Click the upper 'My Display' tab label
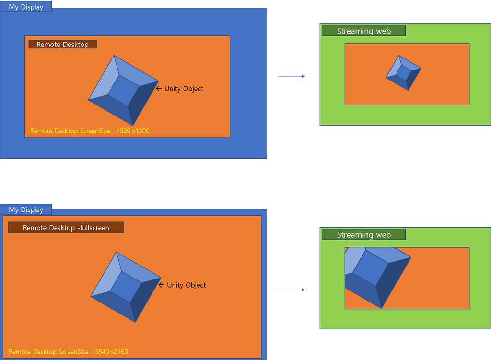[x=26, y=7]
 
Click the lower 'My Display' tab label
[x=26, y=209]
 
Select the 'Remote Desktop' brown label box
[x=63, y=44]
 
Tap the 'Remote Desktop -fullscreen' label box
[x=66, y=228]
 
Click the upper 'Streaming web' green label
[x=364, y=31]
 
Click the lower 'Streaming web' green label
[x=364, y=234]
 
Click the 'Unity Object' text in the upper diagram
[x=184, y=89]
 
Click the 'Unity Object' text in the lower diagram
[x=186, y=285]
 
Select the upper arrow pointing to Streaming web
[x=292, y=76]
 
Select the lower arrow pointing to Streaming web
[x=292, y=290]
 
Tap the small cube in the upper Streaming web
[x=403, y=73]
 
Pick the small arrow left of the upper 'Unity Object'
[x=159, y=89]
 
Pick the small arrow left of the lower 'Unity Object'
[x=161, y=285]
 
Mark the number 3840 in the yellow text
[x=102, y=352]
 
